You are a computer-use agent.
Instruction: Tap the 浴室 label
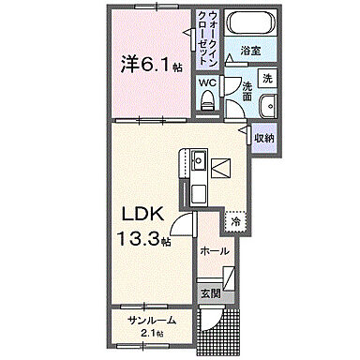tap(249, 51)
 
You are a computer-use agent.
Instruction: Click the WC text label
tap(206, 81)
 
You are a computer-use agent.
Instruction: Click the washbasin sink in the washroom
tap(266, 104)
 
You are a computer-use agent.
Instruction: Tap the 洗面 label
tap(246, 90)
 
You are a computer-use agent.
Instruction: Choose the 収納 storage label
tap(264, 139)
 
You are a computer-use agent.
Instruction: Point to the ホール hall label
tap(217, 251)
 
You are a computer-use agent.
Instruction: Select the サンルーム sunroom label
tap(151, 321)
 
